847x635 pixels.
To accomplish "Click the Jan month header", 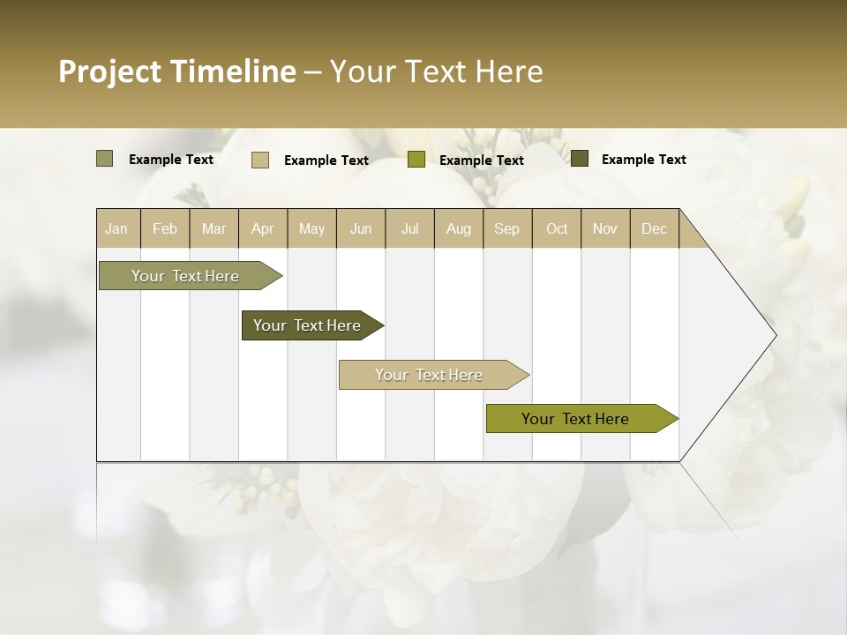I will (x=117, y=228).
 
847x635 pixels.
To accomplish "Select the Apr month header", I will (x=262, y=228).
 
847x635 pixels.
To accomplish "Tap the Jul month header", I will (x=409, y=228).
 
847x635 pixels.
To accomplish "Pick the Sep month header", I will (x=506, y=228).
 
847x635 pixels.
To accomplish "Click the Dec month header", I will (x=654, y=228).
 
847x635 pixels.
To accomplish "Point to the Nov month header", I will (x=604, y=228).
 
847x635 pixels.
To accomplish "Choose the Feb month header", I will (x=165, y=228).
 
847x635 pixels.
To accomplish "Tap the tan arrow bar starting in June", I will (x=430, y=375).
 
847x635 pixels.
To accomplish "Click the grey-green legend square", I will (x=104, y=159).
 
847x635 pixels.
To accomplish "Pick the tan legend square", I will (x=260, y=160).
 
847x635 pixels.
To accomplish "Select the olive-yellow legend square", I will (x=416, y=160).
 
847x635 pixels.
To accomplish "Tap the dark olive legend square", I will (x=580, y=159).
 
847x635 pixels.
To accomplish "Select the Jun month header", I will (x=361, y=228).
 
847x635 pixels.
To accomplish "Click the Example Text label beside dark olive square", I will (x=643, y=160).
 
